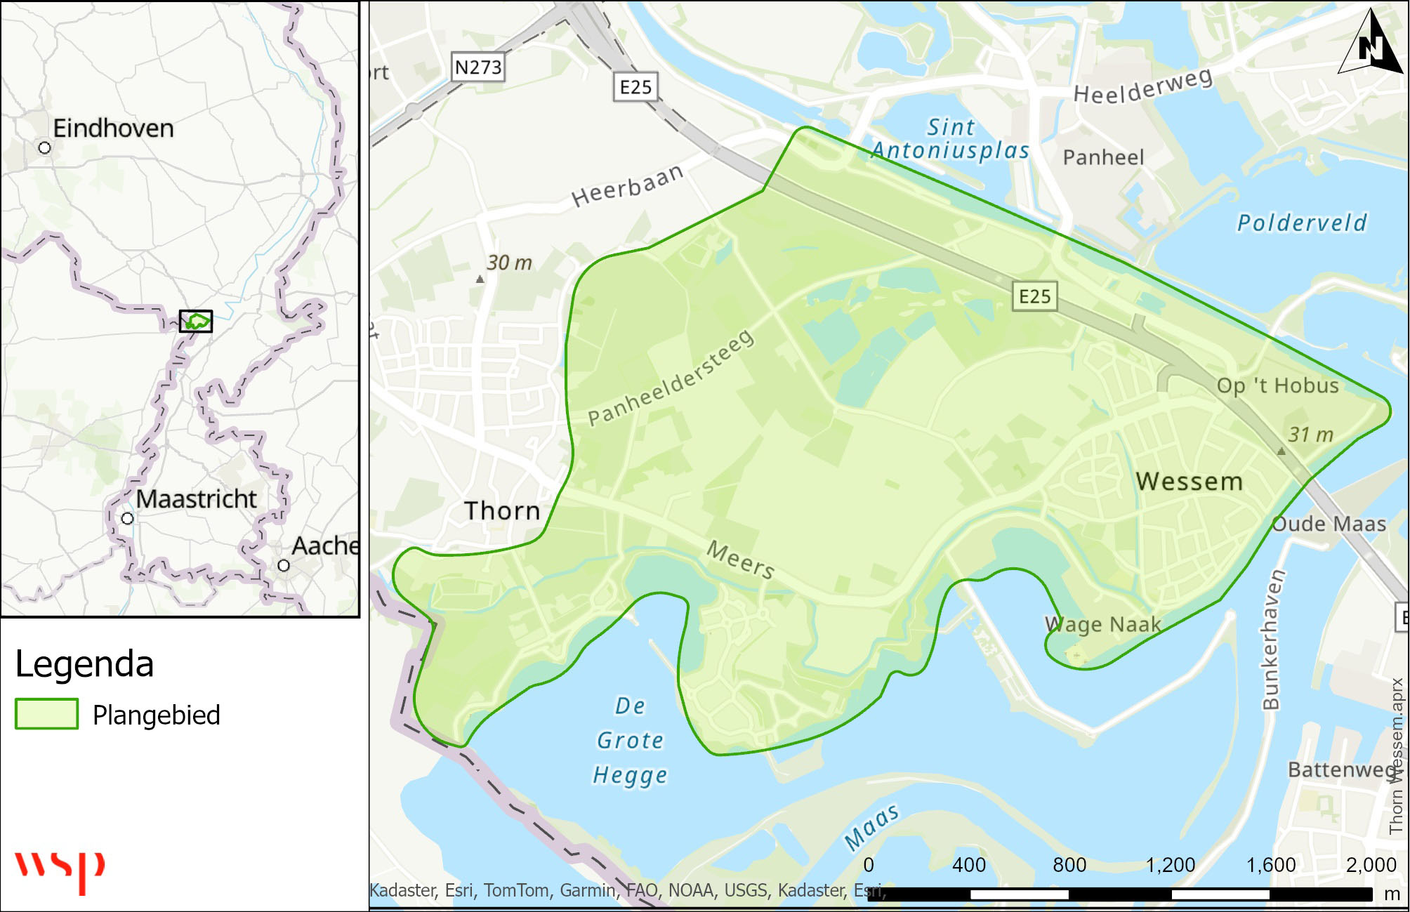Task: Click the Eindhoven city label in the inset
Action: pos(113,128)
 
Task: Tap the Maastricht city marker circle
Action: pos(127,519)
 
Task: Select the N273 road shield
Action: pos(478,67)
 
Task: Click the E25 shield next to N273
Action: pos(636,87)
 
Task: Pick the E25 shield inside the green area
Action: pos(1035,296)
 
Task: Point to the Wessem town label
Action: pos(1190,482)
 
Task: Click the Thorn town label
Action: pos(503,511)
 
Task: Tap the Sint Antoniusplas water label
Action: pos(951,138)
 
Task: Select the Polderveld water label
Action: pos(1302,223)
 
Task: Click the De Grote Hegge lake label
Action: pos(630,741)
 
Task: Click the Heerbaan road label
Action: pos(627,186)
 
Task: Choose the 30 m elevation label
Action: pos(509,263)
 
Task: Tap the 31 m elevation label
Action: pos(1310,435)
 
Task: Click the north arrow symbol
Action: pos(1371,44)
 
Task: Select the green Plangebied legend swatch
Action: pos(46,714)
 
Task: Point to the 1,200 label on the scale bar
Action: pos(1171,865)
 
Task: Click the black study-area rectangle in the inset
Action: pos(195,321)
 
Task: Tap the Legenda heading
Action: pos(84,664)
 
